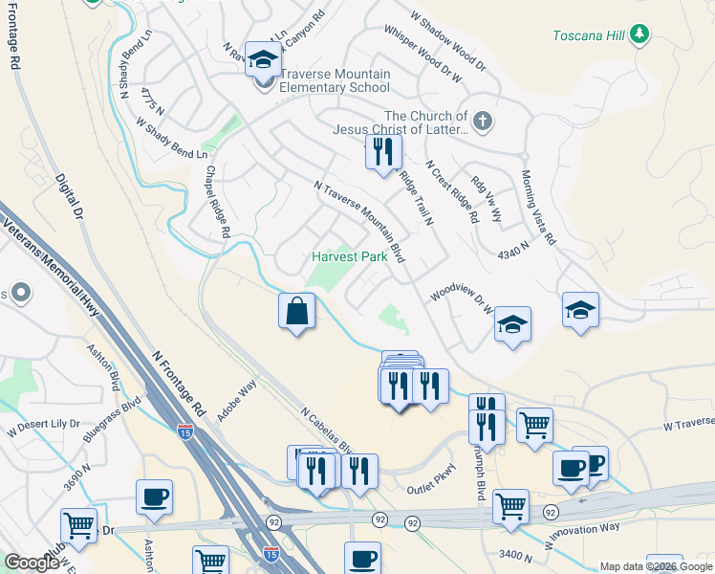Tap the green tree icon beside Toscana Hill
coord(639,35)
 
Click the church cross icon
coord(484,121)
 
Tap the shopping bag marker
coord(296,311)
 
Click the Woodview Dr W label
coord(461,298)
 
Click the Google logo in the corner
coord(32,563)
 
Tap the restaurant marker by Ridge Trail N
coord(383,153)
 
